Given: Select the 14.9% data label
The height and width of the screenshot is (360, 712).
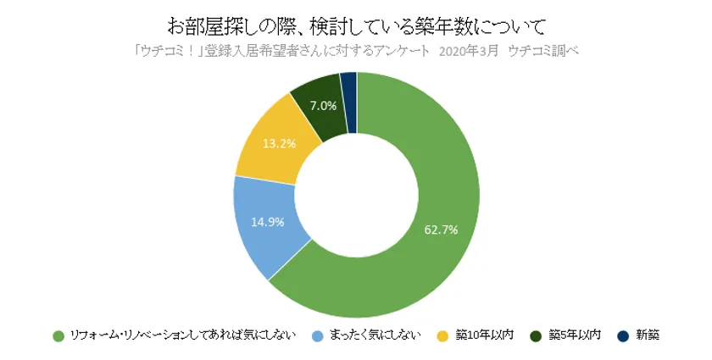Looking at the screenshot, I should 267,222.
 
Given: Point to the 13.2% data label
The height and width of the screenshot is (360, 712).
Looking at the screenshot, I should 279,144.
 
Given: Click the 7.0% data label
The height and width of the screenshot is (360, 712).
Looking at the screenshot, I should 324,106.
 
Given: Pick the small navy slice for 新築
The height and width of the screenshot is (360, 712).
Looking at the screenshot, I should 348,84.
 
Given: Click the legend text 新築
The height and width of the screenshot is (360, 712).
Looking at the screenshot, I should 646,335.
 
